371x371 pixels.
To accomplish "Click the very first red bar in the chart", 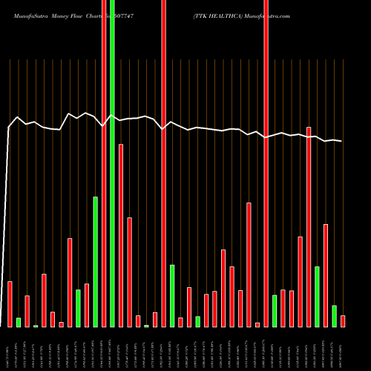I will tap(10, 303).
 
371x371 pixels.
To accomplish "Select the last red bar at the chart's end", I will tap(343, 321).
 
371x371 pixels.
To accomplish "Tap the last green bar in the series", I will tap(334, 315).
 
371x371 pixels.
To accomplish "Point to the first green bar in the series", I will tap(19, 322).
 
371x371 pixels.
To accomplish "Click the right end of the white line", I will tap(341, 141).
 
